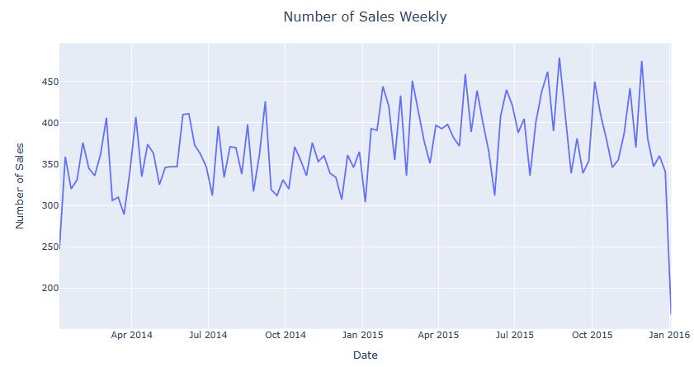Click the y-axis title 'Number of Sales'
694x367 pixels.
pos(21,185)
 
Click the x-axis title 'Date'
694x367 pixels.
pos(365,355)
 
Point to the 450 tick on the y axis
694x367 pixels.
pos(46,82)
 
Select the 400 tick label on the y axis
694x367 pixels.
pos(46,123)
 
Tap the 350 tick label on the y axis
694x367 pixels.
pos(46,164)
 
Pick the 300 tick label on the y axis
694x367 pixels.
pos(46,205)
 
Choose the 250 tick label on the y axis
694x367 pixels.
pos(46,247)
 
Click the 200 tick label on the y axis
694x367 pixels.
pos(46,288)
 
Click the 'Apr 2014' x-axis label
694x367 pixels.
pos(131,335)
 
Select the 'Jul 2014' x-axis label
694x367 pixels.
pos(208,335)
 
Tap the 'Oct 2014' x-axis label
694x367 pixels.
pos(285,335)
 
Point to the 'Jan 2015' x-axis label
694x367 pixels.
pos(362,335)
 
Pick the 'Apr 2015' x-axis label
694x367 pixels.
pos(438,335)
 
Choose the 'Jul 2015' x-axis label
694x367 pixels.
pos(515,335)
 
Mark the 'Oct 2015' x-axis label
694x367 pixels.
pos(592,335)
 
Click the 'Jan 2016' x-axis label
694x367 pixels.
pos(668,335)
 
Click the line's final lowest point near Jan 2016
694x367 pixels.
pos(670,313)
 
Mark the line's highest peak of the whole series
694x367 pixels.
pos(559,59)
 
